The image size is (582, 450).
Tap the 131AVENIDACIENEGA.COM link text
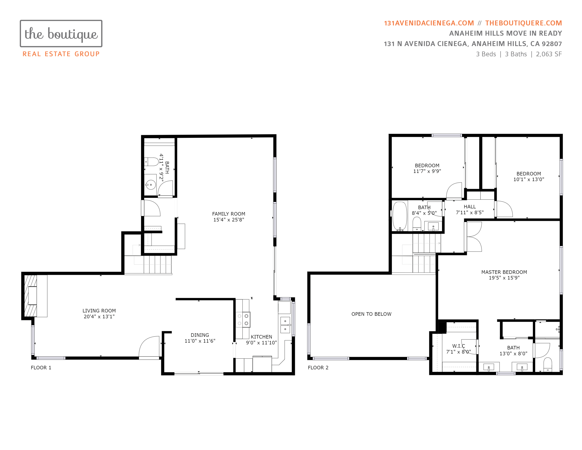point(429,23)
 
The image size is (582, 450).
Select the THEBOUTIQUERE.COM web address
point(523,23)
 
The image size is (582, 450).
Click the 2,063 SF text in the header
point(549,54)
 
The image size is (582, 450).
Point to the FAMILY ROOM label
point(229,214)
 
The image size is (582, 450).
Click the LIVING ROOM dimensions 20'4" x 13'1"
point(99,316)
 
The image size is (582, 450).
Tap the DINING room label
point(200,335)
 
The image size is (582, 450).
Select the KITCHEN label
point(261,337)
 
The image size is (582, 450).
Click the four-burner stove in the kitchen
point(243,319)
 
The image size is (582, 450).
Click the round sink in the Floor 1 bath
point(151,184)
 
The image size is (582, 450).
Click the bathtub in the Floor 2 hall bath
point(400,216)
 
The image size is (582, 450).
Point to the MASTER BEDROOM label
point(504,272)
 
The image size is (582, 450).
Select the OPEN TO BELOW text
point(371,314)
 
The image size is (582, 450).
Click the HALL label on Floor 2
point(470,207)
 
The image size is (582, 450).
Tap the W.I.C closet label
point(459,346)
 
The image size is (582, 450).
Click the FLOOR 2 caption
point(318,368)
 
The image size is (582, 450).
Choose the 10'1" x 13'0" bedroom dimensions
point(529,179)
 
